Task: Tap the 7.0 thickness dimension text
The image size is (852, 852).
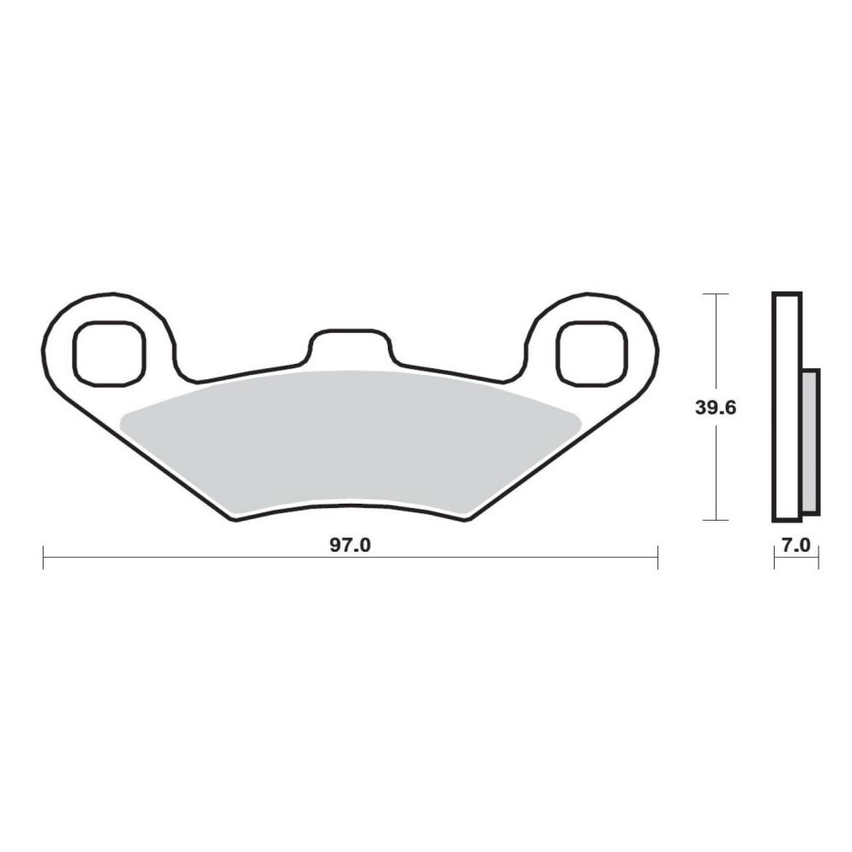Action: [x=795, y=545]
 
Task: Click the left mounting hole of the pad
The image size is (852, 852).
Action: [x=106, y=352]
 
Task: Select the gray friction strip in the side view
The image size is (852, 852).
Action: [x=810, y=441]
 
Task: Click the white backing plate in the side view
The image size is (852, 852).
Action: [x=786, y=407]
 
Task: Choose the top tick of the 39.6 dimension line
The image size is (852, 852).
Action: [x=715, y=293]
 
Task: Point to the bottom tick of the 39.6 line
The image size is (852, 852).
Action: [x=715, y=520]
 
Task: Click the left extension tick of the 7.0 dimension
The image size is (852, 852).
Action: [x=774, y=559]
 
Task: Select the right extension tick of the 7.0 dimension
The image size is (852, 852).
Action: [x=819, y=559]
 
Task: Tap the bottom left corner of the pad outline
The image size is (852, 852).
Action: [x=233, y=517]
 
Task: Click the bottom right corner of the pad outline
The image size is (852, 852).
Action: [x=467, y=517]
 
